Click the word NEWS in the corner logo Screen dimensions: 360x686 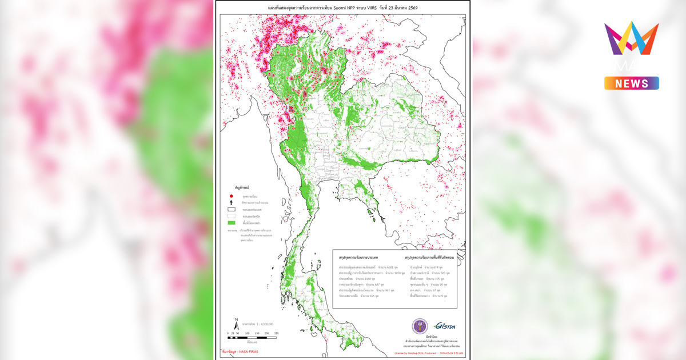(632, 83)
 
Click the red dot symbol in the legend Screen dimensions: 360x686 (231, 196)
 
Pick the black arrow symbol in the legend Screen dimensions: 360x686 (231, 202)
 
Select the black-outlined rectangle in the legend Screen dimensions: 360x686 (231, 209)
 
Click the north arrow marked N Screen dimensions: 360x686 (236, 323)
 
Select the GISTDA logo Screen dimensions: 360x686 (444, 326)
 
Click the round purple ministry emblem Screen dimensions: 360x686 (420, 326)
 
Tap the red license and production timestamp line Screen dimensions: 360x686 (429, 353)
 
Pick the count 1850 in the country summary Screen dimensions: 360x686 (394, 274)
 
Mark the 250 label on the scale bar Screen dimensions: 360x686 (277, 333)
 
